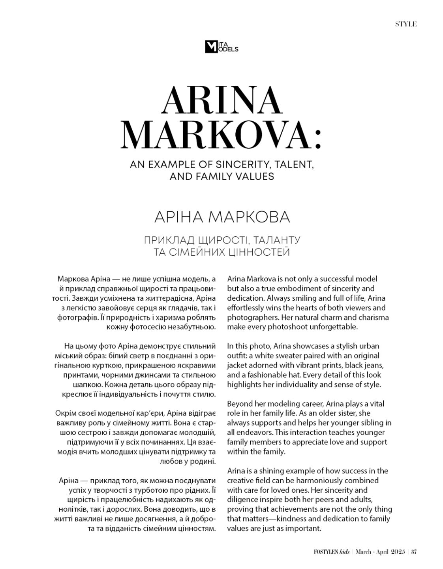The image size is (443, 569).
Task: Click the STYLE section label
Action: (x=406, y=24)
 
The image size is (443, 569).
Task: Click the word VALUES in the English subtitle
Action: (x=254, y=176)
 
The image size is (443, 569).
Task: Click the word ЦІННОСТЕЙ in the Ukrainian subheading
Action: (x=258, y=252)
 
